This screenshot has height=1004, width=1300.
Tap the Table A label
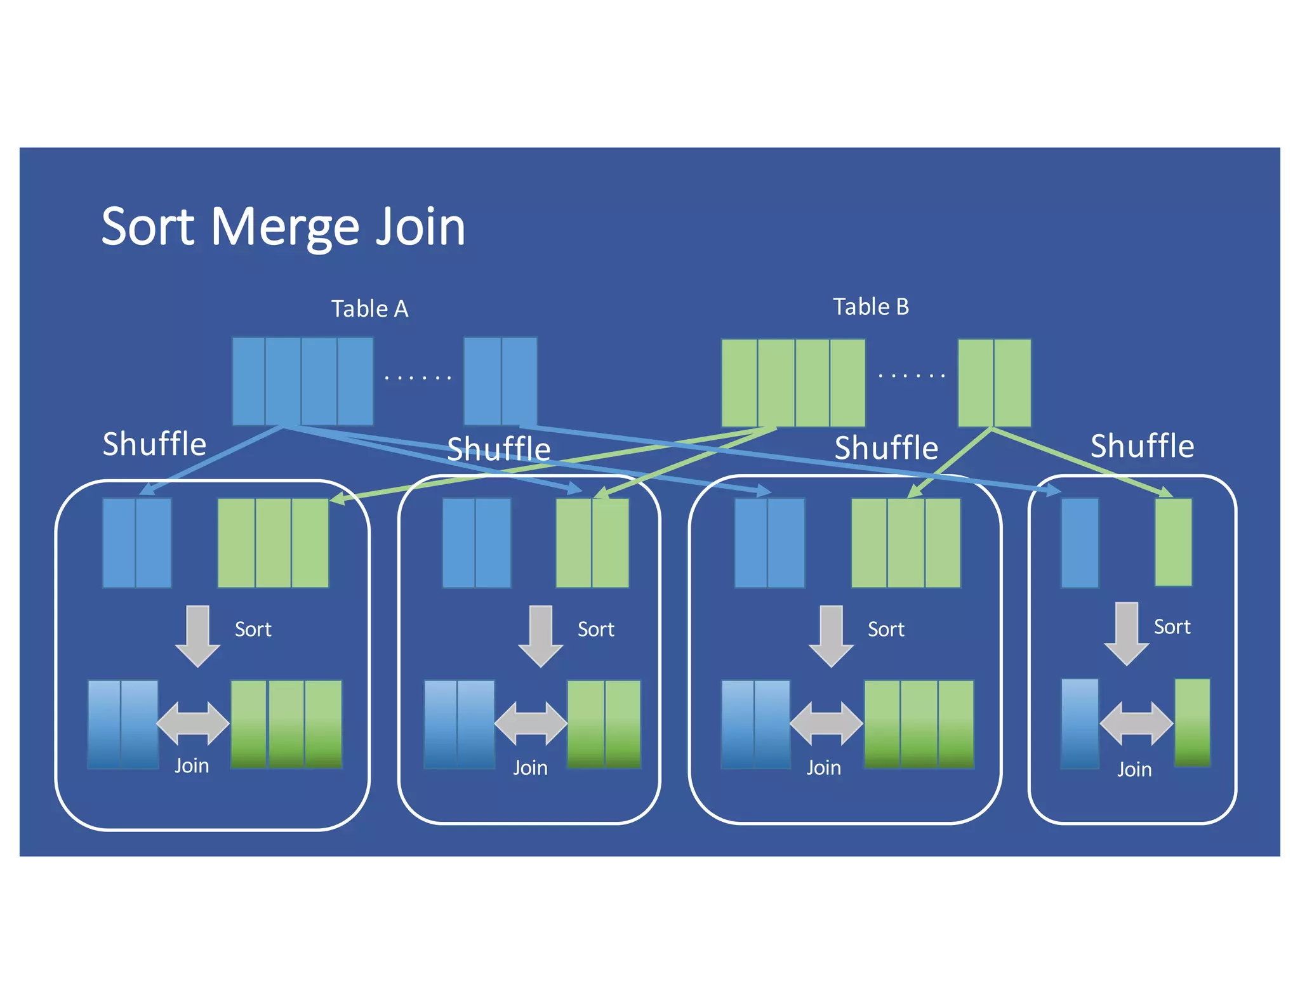(369, 309)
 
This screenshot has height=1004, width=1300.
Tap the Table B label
(870, 307)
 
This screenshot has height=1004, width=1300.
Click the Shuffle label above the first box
(154, 444)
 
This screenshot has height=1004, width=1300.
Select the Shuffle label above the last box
(1142, 446)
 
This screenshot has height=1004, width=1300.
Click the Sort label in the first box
(253, 629)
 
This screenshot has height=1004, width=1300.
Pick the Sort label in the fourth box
(1172, 627)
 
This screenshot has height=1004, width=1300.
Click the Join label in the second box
(530, 768)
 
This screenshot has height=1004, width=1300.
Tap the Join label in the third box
(823, 768)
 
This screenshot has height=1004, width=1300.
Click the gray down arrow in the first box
(197, 635)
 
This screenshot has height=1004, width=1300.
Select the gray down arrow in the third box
(831, 635)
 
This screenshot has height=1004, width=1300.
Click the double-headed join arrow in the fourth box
(1136, 723)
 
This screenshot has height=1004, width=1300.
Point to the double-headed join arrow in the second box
(530, 723)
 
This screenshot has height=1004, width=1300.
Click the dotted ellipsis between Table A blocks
(418, 378)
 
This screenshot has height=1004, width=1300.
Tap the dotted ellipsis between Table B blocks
(912, 376)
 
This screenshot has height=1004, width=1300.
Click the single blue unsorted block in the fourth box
(1080, 543)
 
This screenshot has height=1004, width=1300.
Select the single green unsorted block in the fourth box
(1173, 541)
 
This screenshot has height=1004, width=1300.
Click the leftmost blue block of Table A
(248, 381)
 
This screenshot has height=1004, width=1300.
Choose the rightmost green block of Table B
(1012, 382)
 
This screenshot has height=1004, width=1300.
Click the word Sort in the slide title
(148, 227)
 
